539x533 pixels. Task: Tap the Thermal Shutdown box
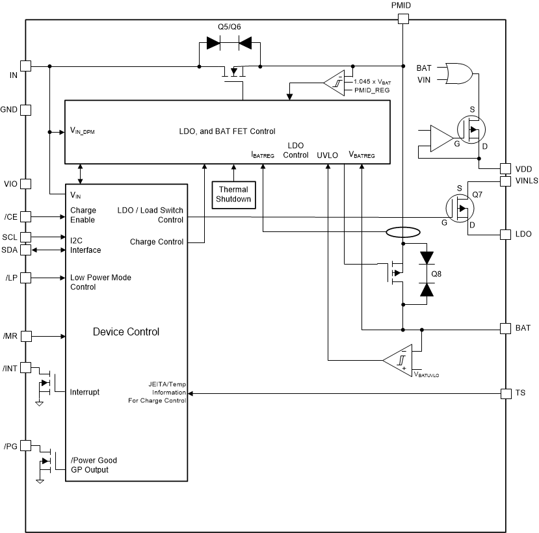233,194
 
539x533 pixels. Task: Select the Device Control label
125,331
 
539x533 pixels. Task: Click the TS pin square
505,393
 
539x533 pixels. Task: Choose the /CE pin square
26,216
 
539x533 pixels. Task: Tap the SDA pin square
26,250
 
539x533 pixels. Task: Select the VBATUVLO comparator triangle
398,359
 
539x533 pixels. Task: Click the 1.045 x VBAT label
373,81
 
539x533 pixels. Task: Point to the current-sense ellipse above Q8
403,232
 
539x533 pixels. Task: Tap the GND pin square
26,110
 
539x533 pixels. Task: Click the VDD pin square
505,168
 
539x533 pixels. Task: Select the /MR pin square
26,336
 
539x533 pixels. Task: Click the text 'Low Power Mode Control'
100,282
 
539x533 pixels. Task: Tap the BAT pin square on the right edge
505,328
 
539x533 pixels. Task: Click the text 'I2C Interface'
85,245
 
